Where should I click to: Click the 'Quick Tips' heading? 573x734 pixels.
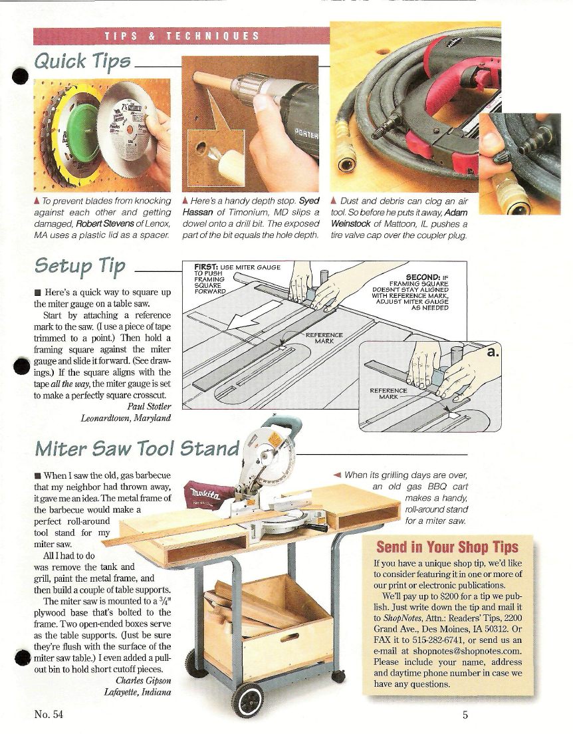click(82, 61)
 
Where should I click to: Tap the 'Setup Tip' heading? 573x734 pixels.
click(80, 266)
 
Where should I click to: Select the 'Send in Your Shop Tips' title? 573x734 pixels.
click(447, 547)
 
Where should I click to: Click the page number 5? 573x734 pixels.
click(465, 715)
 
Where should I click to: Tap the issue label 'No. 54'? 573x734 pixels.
click(49, 714)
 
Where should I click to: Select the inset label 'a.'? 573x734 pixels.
click(493, 352)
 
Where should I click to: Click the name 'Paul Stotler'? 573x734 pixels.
click(149, 406)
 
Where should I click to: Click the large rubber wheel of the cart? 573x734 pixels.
click(248, 700)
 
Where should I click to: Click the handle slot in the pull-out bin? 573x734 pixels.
click(289, 638)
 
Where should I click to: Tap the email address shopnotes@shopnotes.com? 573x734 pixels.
click(467, 651)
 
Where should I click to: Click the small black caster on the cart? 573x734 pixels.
click(338, 676)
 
